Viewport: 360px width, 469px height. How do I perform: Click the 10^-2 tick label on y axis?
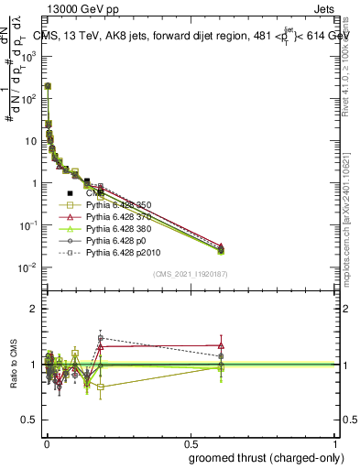click(28, 267)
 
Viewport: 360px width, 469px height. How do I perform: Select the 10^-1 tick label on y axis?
click(28, 225)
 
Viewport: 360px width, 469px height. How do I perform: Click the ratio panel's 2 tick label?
click(33, 309)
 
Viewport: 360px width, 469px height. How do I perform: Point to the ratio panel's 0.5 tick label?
click(29, 420)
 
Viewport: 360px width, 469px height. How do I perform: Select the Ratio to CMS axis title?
click(12, 364)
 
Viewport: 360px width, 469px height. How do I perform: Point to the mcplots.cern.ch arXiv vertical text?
click(349, 211)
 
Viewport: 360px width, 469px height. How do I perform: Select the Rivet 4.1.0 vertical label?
click(349, 60)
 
